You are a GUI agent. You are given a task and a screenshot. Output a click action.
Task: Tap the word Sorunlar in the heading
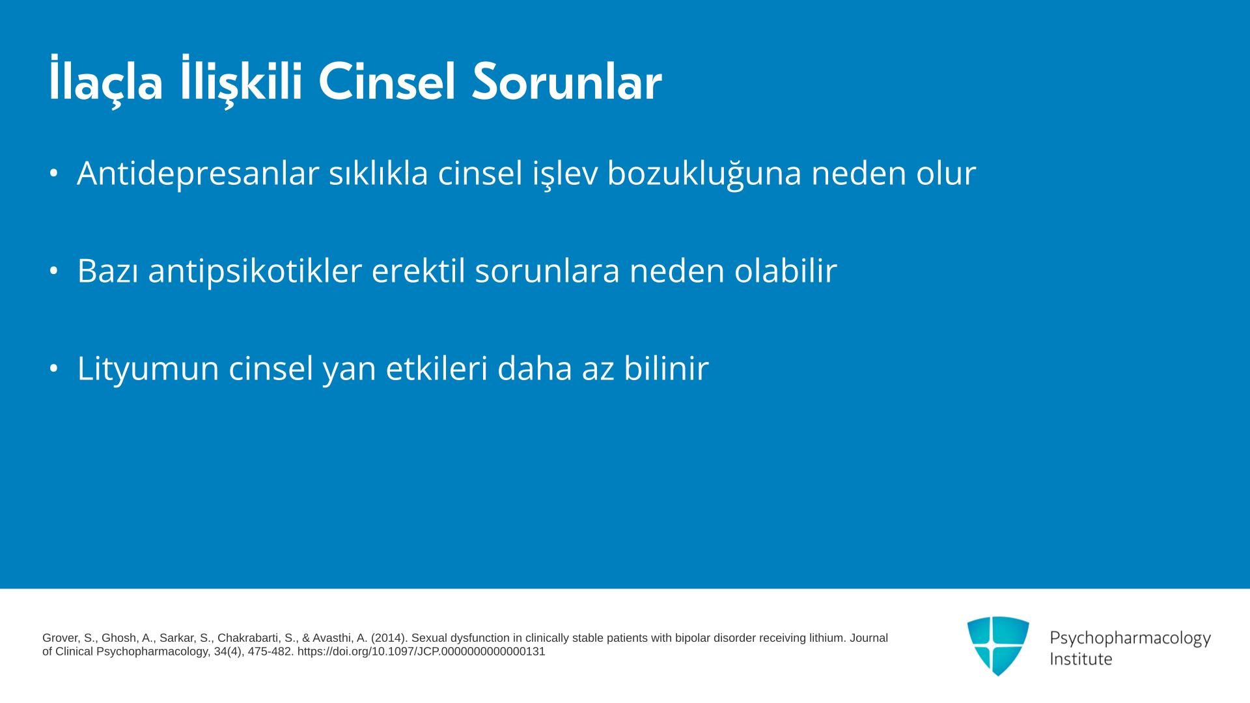pos(567,81)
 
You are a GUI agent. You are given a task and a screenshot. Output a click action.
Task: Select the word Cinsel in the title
pos(387,81)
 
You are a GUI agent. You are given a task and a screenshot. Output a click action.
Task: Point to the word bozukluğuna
pos(704,174)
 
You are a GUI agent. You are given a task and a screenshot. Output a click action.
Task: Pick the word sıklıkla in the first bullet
pos(378,172)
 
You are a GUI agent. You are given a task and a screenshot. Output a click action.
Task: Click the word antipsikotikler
pos(255,271)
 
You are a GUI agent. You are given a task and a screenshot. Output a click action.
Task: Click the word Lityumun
pos(148,368)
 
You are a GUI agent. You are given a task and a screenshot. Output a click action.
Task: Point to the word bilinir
pos(666,368)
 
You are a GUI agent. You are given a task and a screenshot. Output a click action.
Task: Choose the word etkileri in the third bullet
pos(437,368)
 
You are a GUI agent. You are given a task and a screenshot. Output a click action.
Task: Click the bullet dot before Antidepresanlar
pos(54,173)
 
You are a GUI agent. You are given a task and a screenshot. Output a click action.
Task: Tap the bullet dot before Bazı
pos(54,271)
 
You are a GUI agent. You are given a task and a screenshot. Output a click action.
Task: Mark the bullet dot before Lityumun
pos(54,368)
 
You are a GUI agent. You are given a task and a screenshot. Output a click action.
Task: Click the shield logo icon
pos(998,646)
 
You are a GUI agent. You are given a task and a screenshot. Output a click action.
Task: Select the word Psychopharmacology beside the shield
pos(1130,639)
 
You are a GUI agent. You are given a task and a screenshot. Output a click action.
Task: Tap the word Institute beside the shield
pos(1081,659)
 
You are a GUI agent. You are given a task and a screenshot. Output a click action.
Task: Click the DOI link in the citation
pos(421,652)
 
